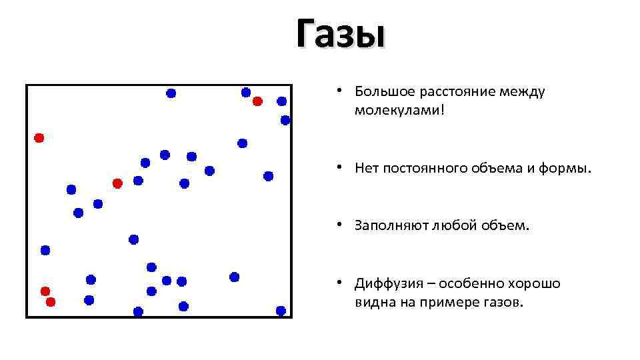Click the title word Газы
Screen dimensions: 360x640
pos(341,33)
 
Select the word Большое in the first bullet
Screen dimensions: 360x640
pos(383,91)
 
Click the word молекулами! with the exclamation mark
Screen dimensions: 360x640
pos(399,109)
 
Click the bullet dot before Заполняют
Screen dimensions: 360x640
pos(339,225)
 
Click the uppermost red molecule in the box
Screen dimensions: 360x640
pos(257,101)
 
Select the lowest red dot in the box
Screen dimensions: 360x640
pos(50,302)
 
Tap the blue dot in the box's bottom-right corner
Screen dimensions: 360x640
pos(281,311)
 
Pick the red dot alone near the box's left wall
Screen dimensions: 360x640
pos(39,138)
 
